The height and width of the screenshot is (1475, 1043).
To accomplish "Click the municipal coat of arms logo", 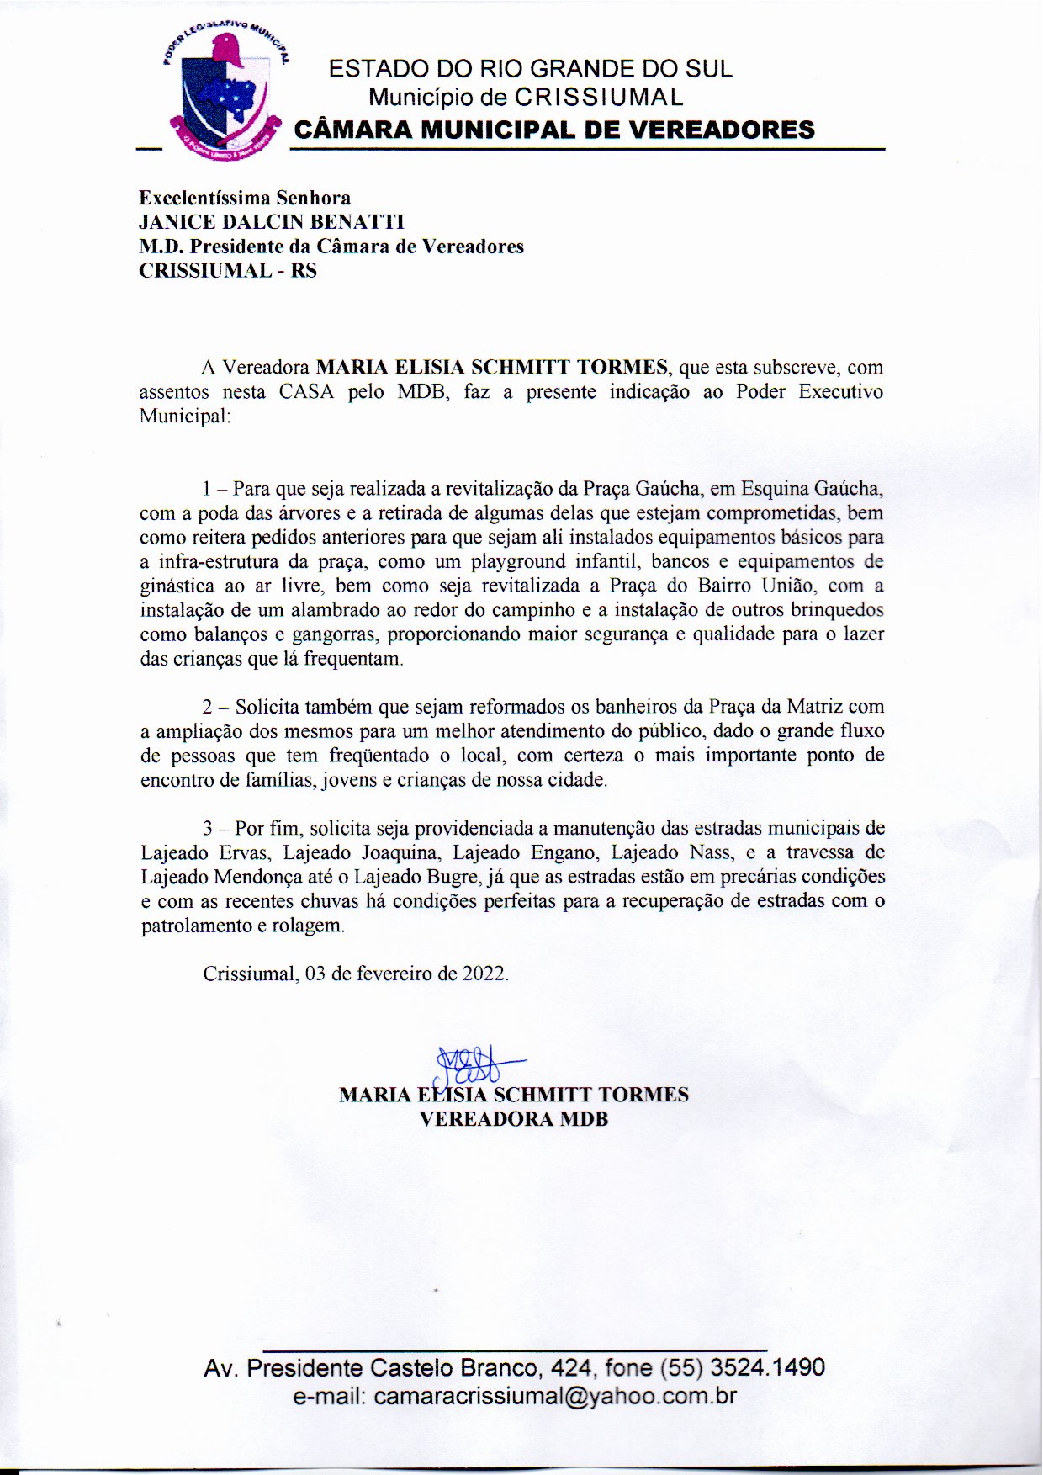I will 225,95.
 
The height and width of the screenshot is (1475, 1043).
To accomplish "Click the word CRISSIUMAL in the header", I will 599,98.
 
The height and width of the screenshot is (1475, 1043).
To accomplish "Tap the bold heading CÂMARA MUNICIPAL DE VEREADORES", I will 553,130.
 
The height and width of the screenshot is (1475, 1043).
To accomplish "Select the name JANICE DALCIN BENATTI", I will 271,222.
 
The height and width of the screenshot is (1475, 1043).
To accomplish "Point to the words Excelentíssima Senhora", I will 245,198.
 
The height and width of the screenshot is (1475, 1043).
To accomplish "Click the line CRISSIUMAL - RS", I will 227,271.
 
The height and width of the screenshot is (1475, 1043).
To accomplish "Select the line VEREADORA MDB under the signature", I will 513,1119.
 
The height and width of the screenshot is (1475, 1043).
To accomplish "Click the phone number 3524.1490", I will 767,1367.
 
